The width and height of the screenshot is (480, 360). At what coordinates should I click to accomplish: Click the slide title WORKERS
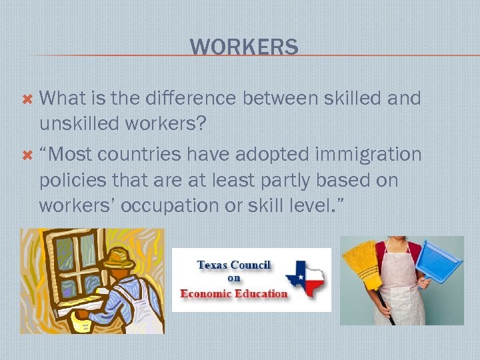(x=244, y=47)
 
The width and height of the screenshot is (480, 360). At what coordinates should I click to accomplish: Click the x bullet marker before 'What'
(x=27, y=99)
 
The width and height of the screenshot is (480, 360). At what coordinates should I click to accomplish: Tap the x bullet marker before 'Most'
(x=27, y=155)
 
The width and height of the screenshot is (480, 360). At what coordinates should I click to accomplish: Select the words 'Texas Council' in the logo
(x=233, y=265)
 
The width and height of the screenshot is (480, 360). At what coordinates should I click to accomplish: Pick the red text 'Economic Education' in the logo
(x=234, y=293)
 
